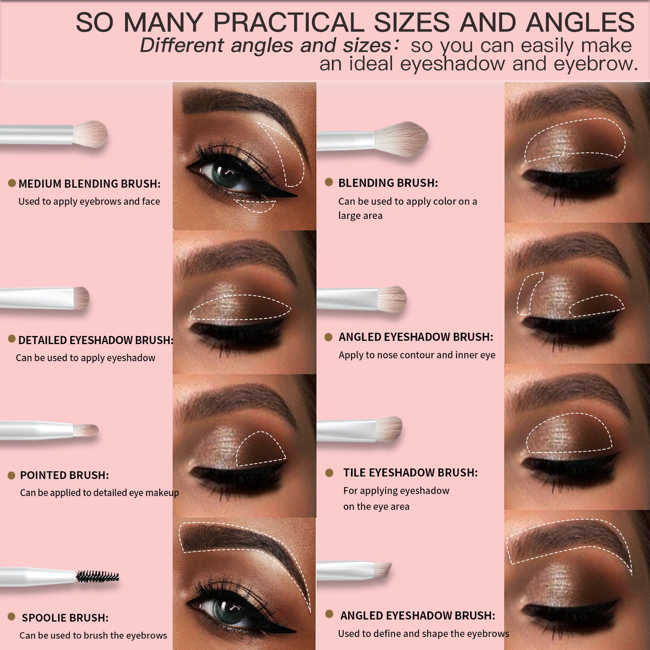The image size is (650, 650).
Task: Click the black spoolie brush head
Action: (x=98, y=576)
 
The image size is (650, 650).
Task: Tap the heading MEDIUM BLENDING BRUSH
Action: (x=90, y=184)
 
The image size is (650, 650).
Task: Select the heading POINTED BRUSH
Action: (x=64, y=475)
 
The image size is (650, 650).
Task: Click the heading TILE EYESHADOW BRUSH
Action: (x=411, y=473)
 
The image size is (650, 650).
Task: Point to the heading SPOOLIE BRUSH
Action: (x=65, y=618)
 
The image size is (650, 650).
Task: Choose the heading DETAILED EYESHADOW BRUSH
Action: (x=96, y=340)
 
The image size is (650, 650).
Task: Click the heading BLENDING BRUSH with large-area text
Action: (x=388, y=183)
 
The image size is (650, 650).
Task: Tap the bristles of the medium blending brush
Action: (x=90, y=134)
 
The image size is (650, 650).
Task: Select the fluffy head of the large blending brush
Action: (x=400, y=139)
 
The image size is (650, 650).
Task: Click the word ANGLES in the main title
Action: (x=580, y=22)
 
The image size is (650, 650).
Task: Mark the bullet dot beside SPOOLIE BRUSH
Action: (x=11, y=617)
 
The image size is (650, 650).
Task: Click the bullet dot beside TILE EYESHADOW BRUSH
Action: (x=329, y=473)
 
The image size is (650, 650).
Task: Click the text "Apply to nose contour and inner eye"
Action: (x=417, y=355)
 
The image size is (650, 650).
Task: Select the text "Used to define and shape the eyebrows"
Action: (x=424, y=633)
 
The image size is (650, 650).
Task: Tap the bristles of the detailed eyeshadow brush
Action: (x=81, y=298)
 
